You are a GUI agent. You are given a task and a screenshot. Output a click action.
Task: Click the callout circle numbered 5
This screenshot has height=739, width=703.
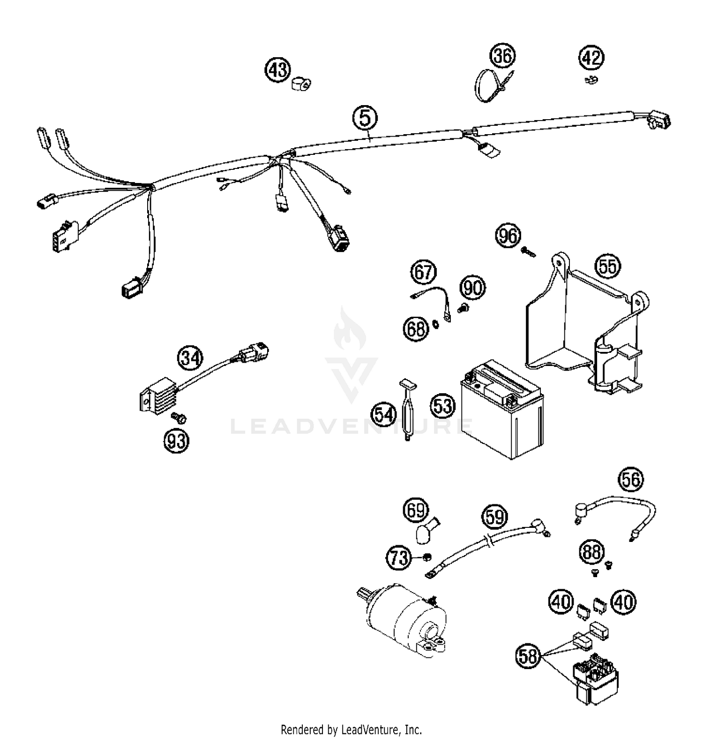click(365, 117)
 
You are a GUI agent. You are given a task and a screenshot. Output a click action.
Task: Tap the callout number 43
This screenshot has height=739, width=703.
click(278, 70)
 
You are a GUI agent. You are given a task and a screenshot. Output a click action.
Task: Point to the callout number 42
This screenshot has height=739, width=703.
click(591, 58)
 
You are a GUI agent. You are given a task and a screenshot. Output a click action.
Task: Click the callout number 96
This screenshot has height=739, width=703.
click(509, 236)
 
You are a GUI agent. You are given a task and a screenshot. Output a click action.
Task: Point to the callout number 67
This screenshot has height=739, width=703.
click(424, 272)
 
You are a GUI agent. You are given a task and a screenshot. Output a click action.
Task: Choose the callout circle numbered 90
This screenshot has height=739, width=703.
click(472, 287)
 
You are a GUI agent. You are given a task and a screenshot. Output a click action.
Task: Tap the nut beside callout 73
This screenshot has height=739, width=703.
click(426, 557)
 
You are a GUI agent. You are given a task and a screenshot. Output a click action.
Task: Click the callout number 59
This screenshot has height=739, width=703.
click(495, 517)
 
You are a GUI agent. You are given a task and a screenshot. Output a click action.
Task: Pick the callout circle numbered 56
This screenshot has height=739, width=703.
click(631, 480)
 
